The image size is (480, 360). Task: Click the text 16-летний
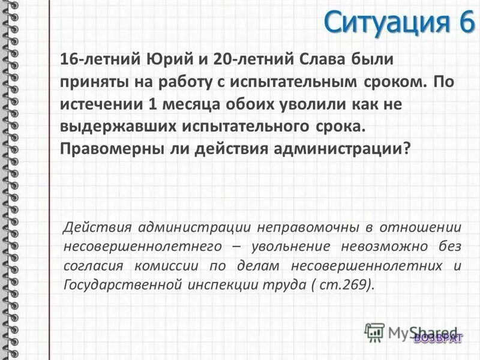(x=98, y=60)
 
